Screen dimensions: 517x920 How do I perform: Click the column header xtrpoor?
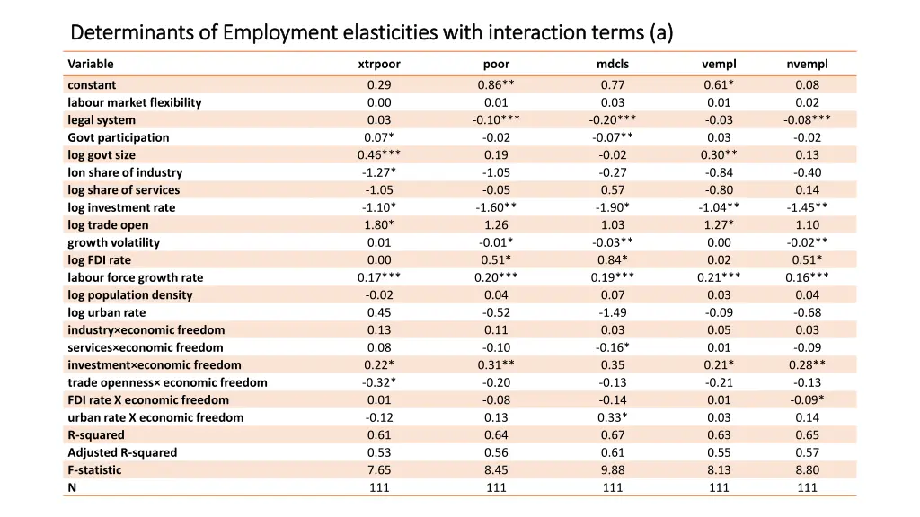click(x=378, y=64)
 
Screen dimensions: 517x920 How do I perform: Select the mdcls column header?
click(x=613, y=64)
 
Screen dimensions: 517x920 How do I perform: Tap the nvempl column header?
click(x=807, y=64)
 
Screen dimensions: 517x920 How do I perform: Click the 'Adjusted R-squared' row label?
click(x=122, y=452)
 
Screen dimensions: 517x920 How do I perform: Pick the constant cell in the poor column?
click(x=496, y=85)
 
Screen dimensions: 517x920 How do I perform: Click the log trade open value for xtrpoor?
click(x=378, y=224)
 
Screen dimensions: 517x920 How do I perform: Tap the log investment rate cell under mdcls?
click(x=613, y=207)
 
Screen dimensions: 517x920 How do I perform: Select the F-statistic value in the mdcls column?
click(x=613, y=469)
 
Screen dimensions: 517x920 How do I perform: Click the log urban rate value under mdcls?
click(x=613, y=312)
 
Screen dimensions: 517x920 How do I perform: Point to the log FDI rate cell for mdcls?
click(x=613, y=260)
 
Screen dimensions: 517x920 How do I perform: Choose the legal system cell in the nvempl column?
click(x=807, y=119)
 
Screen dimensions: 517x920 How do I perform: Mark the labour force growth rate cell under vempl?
click(x=719, y=277)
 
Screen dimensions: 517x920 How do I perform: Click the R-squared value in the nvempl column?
click(x=807, y=435)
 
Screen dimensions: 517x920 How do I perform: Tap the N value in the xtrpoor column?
click(x=378, y=487)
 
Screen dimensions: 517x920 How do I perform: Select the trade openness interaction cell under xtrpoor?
click(x=378, y=382)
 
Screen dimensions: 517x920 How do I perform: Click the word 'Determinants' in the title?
click(x=130, y=33)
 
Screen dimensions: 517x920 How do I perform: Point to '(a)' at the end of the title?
click(x=660, y=33)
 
